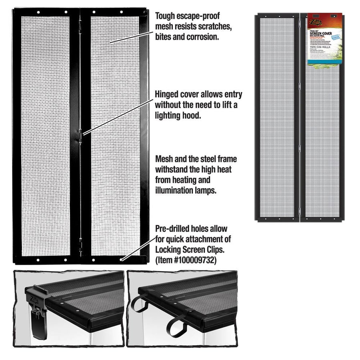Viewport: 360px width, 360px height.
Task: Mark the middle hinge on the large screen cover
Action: [80, 136]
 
